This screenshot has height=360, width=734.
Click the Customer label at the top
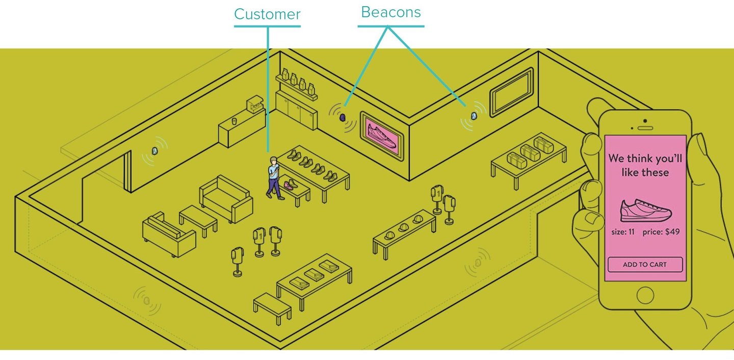click(x=267, y=14)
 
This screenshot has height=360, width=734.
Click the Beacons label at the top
click(x=390, y=12)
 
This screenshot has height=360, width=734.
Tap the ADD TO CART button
click(x=645, y=265)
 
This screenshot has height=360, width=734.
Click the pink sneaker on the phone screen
click(x=646, y=210)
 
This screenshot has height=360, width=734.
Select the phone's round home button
click(x=645, y=295)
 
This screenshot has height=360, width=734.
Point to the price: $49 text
click(x=661, y=232)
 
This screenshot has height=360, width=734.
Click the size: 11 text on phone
click(x=623, y=232)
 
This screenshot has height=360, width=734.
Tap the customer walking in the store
click(x=274, y=177)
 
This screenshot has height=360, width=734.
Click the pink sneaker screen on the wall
click(x=382, y=134)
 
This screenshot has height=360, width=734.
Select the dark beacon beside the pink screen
click(x=343, y=118)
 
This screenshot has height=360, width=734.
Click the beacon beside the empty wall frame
click(x=475, y=116)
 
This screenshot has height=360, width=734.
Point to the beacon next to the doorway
click(x=154, y=151)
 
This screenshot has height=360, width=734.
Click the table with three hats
click(x=404, y=232)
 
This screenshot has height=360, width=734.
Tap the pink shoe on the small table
click(x=290, y=184)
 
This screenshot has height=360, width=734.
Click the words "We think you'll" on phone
click(x=645, y=158)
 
